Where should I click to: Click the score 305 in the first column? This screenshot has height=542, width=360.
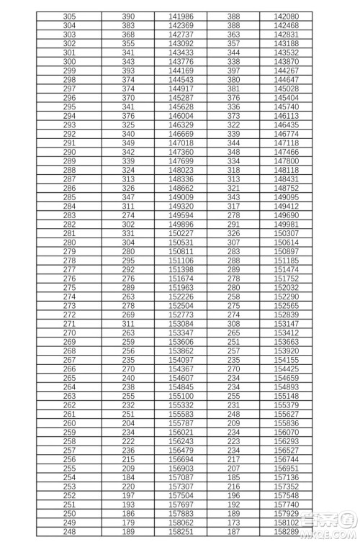coord(70,16)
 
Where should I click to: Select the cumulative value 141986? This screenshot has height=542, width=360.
coord(181,16)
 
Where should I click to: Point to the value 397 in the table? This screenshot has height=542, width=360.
coord(233,71)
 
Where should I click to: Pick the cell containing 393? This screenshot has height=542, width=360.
coord(128,71)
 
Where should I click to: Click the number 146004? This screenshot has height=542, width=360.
coord(181,115)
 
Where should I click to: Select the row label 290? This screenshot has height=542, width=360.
coord(70,152)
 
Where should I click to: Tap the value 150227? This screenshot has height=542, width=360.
coord(181,233)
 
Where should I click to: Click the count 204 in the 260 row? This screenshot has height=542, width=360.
coord(128,424)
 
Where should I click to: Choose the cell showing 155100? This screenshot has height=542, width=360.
coord(181,397)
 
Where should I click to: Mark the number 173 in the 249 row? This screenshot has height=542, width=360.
coord(233,523)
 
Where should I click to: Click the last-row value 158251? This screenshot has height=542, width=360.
coord(181,533)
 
